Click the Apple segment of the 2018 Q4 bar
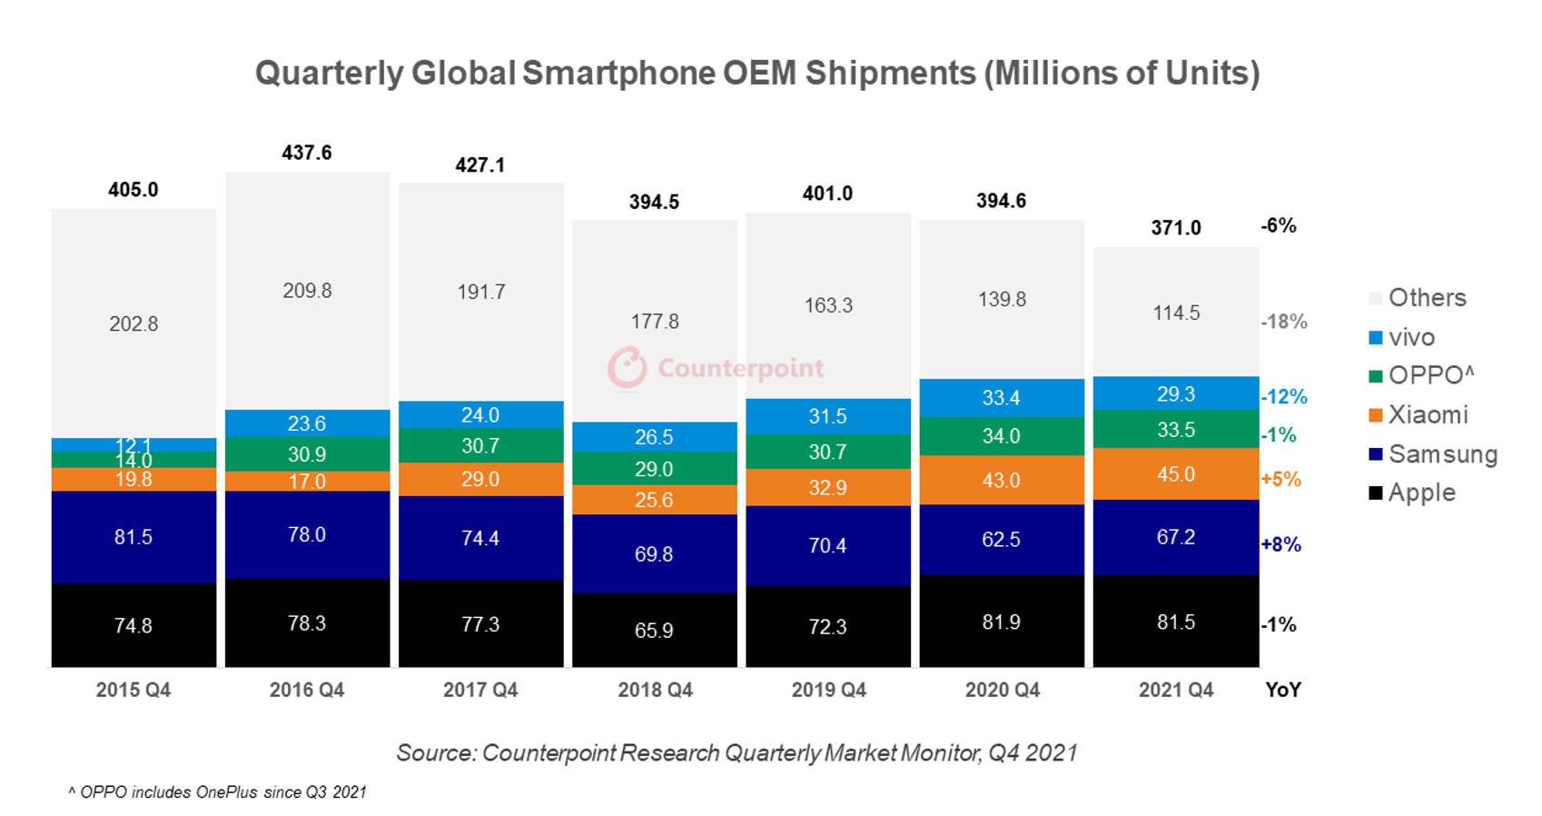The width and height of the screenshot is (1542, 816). (654, 630)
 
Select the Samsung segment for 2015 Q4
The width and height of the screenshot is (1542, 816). (133, 536)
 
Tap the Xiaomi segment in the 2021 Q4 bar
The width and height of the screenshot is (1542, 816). (1175, 474)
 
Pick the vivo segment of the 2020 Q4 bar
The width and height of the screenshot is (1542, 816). (1001, 398)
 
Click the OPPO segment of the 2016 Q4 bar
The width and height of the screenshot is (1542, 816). (307, 454)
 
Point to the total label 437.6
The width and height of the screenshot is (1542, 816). (307, 153)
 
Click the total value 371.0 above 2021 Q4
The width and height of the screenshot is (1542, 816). (1175, 228)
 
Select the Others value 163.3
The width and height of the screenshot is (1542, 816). (827, 305)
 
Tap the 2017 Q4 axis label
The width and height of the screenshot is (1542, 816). (480, 690)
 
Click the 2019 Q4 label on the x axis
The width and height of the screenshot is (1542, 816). (827, 690)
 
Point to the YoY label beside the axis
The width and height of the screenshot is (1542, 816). (1282, 690)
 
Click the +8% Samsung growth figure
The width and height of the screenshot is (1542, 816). (1280, 544)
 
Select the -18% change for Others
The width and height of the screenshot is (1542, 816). (1283, 322)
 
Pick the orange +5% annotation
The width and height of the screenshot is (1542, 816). (1280, 479)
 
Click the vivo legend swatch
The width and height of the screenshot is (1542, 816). (1375, 338)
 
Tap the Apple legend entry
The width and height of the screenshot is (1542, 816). (1421, 493)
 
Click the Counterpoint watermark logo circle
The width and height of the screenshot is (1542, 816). (627, 368)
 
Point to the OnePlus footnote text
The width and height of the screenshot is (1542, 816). (217, 792)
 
